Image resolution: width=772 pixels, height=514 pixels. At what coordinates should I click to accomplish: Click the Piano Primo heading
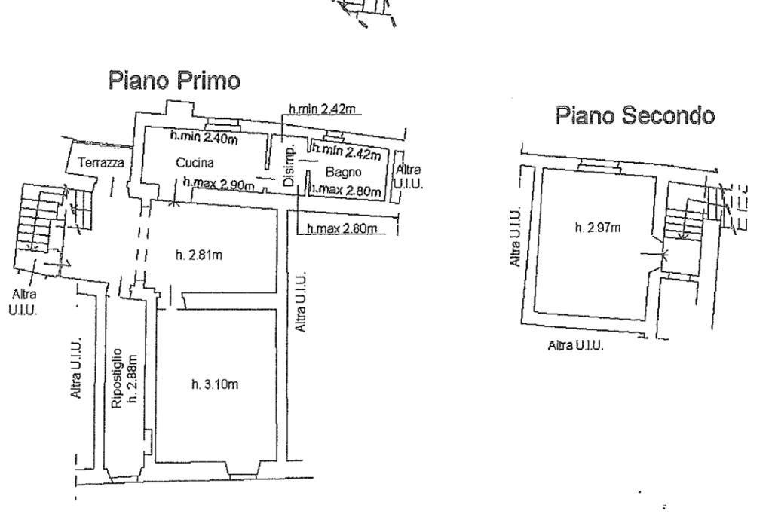[174, 80]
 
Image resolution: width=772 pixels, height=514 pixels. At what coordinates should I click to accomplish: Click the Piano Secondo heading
[635, 115]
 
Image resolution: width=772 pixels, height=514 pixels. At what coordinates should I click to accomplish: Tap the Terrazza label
[101, 162]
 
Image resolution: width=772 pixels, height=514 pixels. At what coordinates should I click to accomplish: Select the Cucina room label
[195, 163]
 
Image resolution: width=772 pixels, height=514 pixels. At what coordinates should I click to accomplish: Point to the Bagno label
[343, 172]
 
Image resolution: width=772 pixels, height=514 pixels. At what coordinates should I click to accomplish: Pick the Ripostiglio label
[117, 378]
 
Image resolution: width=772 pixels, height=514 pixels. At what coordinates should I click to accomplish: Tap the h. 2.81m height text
[199, 255]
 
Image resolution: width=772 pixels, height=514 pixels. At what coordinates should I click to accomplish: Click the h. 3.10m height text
[215, 384]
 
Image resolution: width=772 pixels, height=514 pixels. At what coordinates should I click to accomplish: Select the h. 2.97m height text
[598, 228]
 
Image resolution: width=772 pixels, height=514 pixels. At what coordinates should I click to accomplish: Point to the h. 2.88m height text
[132, 378]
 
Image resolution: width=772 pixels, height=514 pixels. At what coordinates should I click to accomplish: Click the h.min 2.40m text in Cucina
[204, 137]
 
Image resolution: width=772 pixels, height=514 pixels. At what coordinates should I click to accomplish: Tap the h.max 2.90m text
[219, 184]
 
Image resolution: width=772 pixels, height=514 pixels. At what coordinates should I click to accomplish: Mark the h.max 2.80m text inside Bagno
[346, 190]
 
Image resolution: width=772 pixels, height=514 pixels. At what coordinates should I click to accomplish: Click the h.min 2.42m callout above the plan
[322, 109]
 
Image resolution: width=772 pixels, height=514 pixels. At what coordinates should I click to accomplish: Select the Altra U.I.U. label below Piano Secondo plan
[575, 345]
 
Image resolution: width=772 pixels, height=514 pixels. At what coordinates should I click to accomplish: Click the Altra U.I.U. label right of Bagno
[408, 177]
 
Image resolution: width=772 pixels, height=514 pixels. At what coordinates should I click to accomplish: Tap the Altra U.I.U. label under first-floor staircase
[23, 302]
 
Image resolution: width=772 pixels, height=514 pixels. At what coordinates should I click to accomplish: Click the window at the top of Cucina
[222, 123]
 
